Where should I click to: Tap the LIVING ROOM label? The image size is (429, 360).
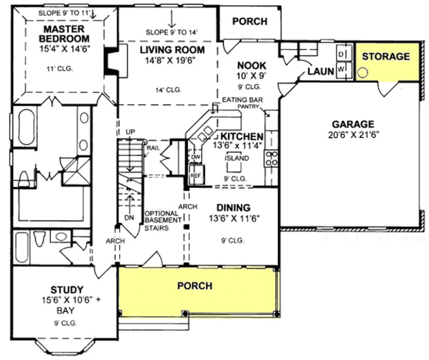[172, 50]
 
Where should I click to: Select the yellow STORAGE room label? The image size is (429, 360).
[385, 56]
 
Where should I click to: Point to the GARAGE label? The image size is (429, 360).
[353, 124]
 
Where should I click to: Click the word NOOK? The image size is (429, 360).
[251, 65]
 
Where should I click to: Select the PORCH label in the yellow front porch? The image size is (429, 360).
[194, 286]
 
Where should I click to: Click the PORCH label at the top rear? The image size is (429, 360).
[250, 21]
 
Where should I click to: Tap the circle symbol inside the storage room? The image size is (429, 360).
[363, 72]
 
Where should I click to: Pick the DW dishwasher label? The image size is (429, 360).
[196, 156]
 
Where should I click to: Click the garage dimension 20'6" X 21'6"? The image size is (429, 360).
[353, 135]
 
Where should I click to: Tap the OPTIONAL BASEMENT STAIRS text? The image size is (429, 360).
[163, 220]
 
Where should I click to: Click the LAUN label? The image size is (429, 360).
[320, 71]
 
